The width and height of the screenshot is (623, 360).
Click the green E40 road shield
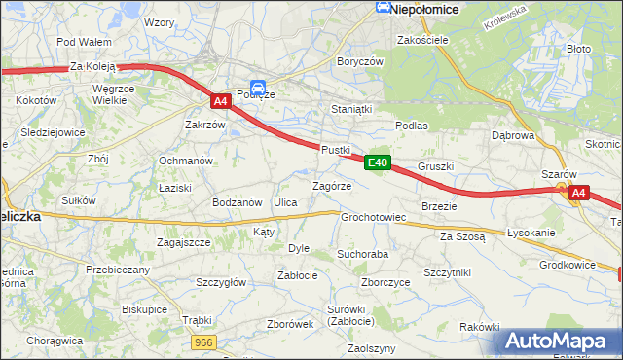(x=379, y=162)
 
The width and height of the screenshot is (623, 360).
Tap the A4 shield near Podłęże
(x=221, y=100)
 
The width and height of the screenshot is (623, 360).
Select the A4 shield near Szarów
(x=578, y=193)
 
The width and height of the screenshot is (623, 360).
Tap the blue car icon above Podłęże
(x=258, y=86)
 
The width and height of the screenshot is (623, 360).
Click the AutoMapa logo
(x=559, y=341)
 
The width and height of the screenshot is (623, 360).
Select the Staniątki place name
(x=351, y=109)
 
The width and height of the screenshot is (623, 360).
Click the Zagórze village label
(x=331, y=185)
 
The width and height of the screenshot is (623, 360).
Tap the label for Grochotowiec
(x=373, y=217)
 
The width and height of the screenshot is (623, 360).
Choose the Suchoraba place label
(x=363, y=253)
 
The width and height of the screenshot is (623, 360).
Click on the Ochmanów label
(x=186, y=161)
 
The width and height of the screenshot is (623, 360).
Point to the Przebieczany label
(x=118, y=270)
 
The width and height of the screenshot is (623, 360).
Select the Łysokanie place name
(x=531, y=234)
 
